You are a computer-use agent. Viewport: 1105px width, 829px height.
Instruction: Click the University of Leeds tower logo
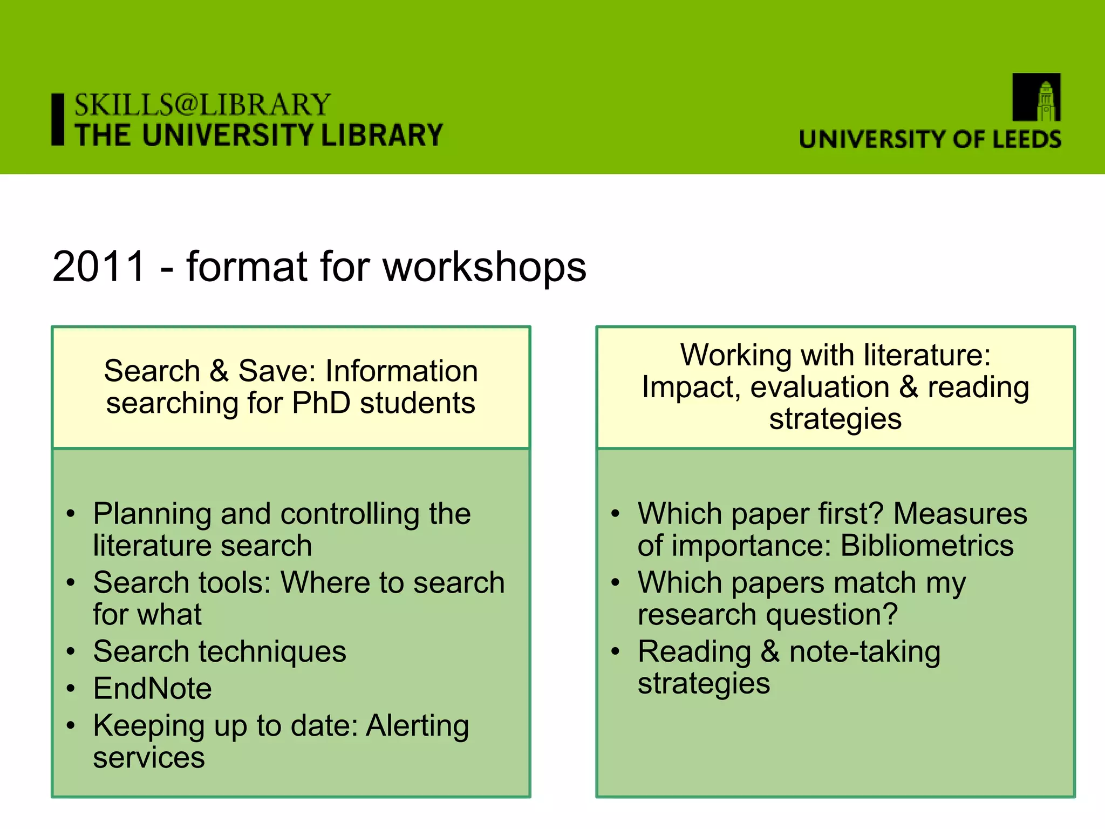pyautogui.click(x=1036, y=98)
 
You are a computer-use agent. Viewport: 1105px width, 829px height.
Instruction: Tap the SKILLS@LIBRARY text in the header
pyautogui.click(x=202, y=105)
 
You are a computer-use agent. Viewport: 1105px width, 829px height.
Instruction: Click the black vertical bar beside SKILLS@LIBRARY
pyautogui.click(x=58, y=119)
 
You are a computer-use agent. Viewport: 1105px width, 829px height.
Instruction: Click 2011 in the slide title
pyautogui.click(x=99, y=267)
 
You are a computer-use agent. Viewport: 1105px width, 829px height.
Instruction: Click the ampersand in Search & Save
pyautogui.click(x=219, y=371)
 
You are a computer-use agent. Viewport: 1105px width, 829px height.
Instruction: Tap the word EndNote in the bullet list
pyautogui.click(x=152, y=689)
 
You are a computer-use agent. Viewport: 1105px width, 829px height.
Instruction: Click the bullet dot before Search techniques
pyautogui.click(x=71, y=652)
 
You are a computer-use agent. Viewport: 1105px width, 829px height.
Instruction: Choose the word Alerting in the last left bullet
pyautogui.click(x=417, y=725)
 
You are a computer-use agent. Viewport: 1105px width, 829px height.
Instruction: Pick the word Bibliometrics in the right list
pyautogui.click(x=927, y=546)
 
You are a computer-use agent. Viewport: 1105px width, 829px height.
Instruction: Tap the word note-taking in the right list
pyautogui.click(x=864, y=652)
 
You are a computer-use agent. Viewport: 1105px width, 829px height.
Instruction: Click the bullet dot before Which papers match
pyautogui.click(x=616, y=583)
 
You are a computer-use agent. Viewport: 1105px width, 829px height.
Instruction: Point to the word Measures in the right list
pyautogui.click(x=960, y=514)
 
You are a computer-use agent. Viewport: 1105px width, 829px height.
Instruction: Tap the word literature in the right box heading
pyautogui.click(x=926, y=356)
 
